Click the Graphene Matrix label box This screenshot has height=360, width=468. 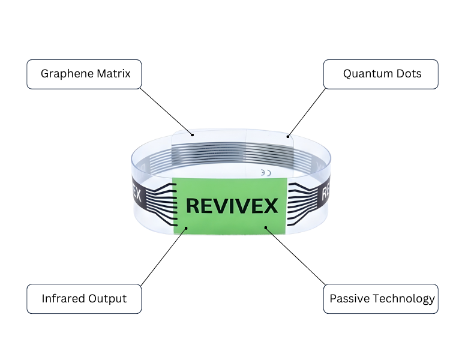(84, 74)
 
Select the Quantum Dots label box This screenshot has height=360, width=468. (381, 74)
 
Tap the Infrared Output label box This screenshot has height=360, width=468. (84, 299)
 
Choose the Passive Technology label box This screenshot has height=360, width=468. (381, 299)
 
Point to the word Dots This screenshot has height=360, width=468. (409, 73)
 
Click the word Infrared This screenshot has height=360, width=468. (63, 298)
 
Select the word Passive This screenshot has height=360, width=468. (350, 298)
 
